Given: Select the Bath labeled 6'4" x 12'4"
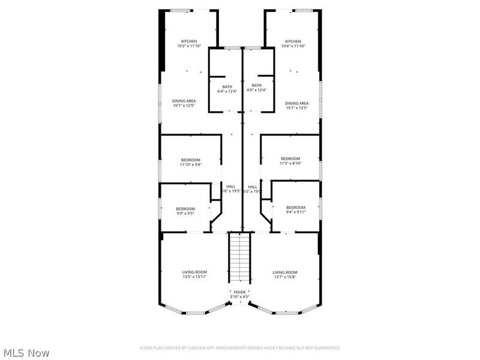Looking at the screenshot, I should point(227,88).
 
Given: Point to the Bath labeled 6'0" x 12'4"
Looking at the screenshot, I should point(257,88).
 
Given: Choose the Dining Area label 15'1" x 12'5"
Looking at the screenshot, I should point(296,105).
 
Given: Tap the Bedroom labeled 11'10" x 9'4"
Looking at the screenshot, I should point(190,161).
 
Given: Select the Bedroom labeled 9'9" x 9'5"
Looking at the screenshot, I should point(185,210).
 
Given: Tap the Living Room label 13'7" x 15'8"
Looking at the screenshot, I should point(285,274).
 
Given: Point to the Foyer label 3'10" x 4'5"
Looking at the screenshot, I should point(240,295).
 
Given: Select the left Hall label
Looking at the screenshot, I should point(230,188).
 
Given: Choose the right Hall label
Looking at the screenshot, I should point(253,188).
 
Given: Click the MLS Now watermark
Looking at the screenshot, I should point(26,353).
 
